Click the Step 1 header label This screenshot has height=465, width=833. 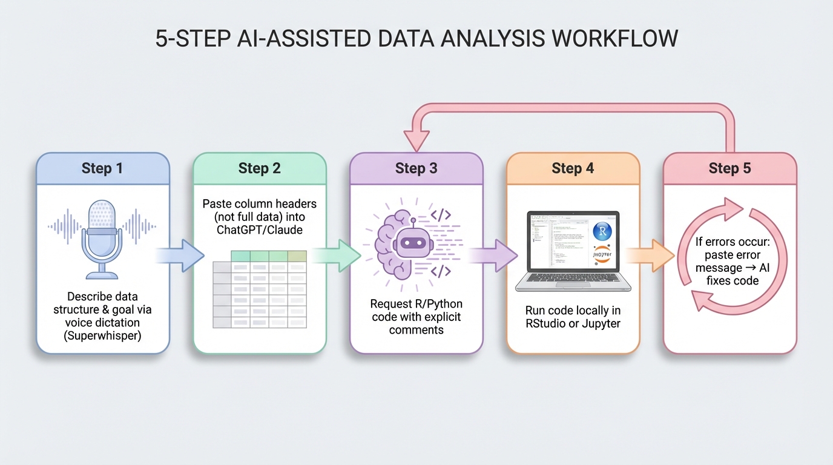[x=102, y=168]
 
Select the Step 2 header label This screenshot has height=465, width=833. [x=259, y=168]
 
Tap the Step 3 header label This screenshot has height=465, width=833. [x=416, y=168]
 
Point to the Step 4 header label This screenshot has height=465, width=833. [x=573, y=168]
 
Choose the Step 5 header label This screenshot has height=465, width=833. [x=729, y=168]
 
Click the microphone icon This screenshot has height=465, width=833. [x=102, y=240]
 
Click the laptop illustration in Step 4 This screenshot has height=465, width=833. [x=573, y=251]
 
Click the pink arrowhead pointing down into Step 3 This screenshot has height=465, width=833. [x=416, y=143]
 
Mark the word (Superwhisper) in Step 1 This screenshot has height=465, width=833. [x=102, y=335]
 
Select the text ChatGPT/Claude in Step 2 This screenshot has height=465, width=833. [x=259, y=231]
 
